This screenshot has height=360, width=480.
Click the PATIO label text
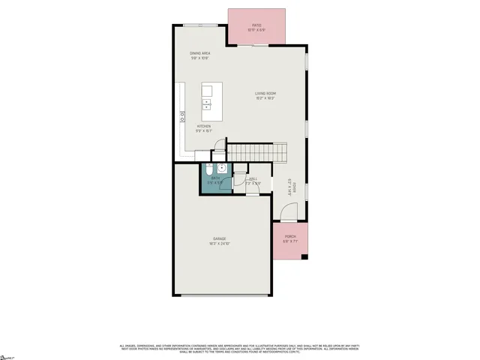point(256,25)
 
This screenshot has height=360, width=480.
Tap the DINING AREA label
point(199,53)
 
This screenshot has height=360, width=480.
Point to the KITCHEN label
point(204,125)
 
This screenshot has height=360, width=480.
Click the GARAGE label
point(219,238)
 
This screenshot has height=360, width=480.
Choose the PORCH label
point(290,237)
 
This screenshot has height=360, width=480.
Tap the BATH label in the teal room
point(215,178)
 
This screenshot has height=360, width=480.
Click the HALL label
point(253,178)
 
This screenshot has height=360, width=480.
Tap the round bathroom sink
point(223,168)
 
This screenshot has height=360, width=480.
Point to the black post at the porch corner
point(304,258)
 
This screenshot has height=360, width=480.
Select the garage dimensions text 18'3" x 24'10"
point(219,244)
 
